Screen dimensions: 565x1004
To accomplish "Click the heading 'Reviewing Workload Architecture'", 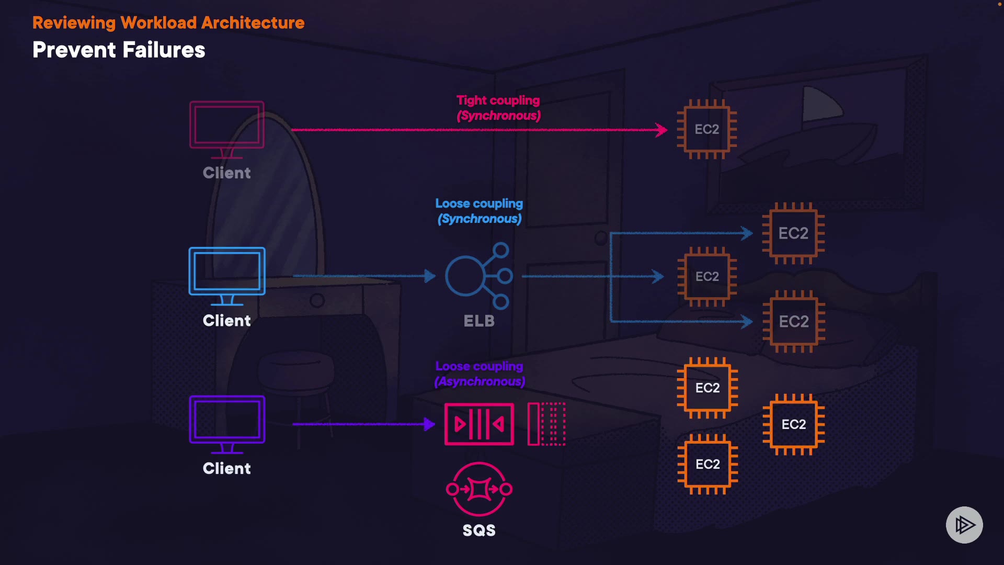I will point(168,23).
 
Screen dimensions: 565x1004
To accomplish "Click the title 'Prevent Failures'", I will point(119,50).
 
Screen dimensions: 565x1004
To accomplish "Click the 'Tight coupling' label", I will point(498,100).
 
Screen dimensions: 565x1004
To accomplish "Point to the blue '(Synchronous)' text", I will point(480,219).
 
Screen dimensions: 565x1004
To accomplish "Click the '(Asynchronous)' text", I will point(480,381).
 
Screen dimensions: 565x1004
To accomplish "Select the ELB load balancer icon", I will point(478,276).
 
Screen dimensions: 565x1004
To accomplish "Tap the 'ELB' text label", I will point(478,321).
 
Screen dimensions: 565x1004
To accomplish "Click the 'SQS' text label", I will point(478,530).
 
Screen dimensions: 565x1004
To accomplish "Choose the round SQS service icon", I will point(478,489).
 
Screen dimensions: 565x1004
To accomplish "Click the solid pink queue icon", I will point(478,424).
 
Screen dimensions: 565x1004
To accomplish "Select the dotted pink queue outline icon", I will point(547,424).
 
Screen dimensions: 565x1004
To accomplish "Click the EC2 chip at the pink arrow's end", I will point(706,129).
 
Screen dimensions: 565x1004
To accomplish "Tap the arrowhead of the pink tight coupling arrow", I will point(662,130).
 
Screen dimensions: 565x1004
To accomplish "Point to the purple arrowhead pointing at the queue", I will point(429,424).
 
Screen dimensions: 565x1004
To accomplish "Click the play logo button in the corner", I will point(964,525).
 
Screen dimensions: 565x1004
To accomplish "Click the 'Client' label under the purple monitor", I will point(227,468).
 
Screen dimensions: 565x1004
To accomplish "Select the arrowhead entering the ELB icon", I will point(430,276).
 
